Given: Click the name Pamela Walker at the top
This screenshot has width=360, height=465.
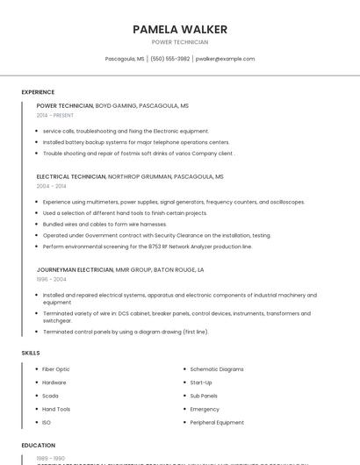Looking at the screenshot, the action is (180, 29).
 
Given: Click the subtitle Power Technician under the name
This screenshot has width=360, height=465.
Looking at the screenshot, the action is (180, 42).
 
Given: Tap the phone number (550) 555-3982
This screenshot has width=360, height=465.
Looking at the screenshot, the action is (170, 59).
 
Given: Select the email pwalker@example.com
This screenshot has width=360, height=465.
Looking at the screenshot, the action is (225, 59).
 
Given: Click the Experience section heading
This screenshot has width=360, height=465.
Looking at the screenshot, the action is (38, 92).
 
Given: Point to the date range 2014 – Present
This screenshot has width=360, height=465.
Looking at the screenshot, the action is (55, 115).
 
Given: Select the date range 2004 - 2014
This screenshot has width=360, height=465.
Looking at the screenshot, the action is (52, 186).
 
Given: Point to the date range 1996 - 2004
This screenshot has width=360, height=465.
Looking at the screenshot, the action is (52, 279).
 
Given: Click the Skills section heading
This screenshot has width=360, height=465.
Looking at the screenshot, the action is (31, 353).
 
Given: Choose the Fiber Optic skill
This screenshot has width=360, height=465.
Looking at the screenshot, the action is (56, 369).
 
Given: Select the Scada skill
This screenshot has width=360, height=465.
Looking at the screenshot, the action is (51, 396).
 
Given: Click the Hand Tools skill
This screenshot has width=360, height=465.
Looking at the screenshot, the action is (56, 409).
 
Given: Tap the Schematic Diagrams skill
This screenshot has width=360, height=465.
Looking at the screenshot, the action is (217, 369).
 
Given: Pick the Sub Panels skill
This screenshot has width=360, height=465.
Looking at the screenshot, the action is (204, 396).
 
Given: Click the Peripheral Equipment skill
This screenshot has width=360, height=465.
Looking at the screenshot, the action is (217, 423).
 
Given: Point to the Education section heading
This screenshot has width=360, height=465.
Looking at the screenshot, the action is (39, 446).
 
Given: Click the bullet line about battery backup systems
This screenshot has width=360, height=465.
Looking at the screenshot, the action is (136, 142).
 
